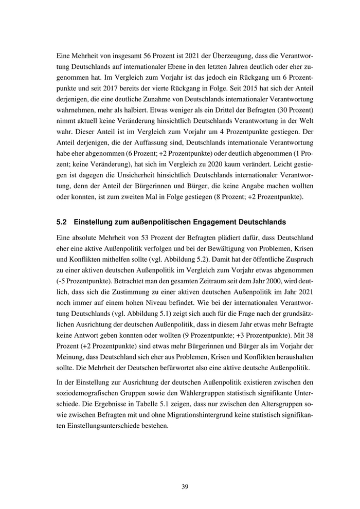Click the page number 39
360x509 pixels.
(180, 487)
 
